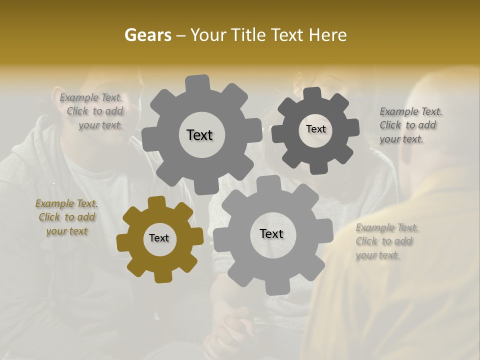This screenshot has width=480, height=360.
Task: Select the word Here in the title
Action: pos(328,35)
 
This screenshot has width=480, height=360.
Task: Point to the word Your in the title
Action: pos(209,35)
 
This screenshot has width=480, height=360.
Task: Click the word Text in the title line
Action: pos(288,35)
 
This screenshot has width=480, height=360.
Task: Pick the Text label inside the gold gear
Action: pos(159,238)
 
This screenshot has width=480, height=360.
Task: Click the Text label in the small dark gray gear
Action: pos(315,129)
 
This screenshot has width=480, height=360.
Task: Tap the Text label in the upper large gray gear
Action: pos(199,135)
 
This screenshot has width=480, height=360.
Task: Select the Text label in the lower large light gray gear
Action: pos(271,233)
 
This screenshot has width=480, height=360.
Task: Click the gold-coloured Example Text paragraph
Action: pos(66,217)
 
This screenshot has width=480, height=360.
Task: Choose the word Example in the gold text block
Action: pos(54,203)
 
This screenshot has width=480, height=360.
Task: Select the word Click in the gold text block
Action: pos(49,217)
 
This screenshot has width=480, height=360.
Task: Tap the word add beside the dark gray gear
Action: pos(427,125)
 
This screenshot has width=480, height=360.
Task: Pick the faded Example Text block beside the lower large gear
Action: pos(387,241)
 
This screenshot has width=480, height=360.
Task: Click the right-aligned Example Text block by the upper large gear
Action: pos(92,111)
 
